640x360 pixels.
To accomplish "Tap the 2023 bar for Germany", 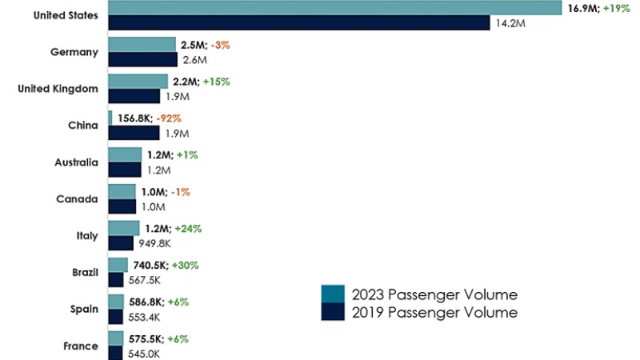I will click(x=142, y=45).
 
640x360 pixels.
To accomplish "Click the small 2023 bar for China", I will click(x=110, y=118).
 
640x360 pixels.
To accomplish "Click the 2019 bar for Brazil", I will click(x=116, y=280).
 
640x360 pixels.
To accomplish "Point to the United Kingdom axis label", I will click(x=58, y=89).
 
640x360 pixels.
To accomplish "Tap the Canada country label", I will click(x=78, y=199).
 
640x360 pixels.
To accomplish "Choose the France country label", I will click(x=81, y=346).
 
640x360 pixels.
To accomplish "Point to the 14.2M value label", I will click(x=512, y=23).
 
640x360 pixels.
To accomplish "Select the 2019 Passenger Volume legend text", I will click(x=434, y=312).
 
